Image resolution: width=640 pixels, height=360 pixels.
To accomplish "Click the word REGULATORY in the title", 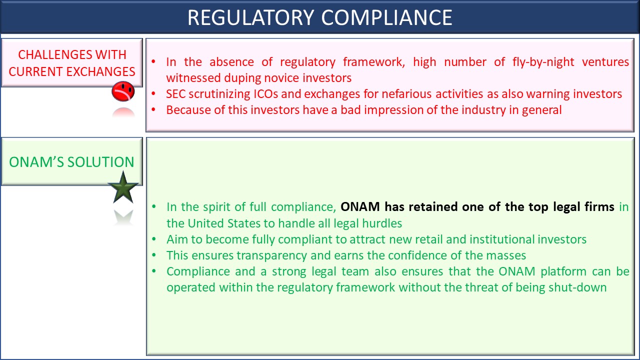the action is click(251, 17).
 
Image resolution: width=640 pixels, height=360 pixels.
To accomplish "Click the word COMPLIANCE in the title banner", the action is click(386, 17).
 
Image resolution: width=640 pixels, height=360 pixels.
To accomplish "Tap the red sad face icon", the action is click(123, 91).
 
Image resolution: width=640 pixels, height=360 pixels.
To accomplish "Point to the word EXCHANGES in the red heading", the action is click(100, 71).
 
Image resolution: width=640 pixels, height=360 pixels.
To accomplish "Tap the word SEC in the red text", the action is click(175, 94).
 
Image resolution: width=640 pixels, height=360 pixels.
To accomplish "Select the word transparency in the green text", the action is click(271, 255).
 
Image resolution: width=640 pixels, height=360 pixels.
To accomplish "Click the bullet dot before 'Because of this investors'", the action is click(153, 109).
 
